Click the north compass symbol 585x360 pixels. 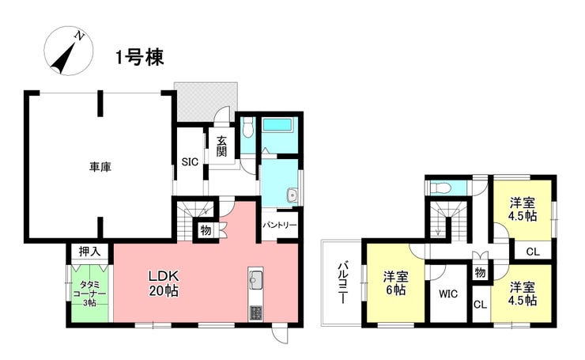pos(68,51)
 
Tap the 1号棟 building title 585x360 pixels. pos(140,58)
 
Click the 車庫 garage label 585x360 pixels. pos(100,167)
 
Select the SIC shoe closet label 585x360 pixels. pos(190,162)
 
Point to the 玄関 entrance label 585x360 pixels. pos(221,146)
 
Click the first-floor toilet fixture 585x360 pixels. pos(247,127)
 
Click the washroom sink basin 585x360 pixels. pos(292,195)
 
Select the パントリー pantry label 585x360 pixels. pos(279,225)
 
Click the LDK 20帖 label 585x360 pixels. pos(164,283)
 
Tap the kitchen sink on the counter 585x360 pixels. pos(256,279)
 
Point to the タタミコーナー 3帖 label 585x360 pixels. pos(89,294)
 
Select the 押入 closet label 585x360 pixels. pos(89,252)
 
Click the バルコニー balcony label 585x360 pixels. pos(342,282)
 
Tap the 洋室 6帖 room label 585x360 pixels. pos(395,283)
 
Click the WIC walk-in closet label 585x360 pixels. pos(448,294)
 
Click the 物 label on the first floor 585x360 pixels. pos(206,230)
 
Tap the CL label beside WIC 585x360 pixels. pos(480,305)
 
